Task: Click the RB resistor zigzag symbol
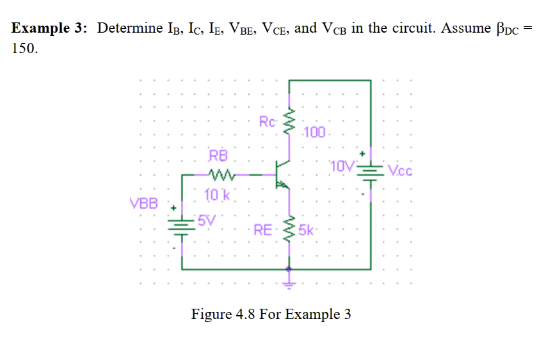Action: (221, 174)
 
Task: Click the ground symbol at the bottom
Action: (289, 277)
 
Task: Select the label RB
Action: (218, 156)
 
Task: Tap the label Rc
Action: (268, 121)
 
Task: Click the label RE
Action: (263, 229)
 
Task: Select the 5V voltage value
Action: (206, 221)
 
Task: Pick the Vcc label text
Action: (401, 172)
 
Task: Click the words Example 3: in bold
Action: (51, 29)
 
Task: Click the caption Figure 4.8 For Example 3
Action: (271, 315)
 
